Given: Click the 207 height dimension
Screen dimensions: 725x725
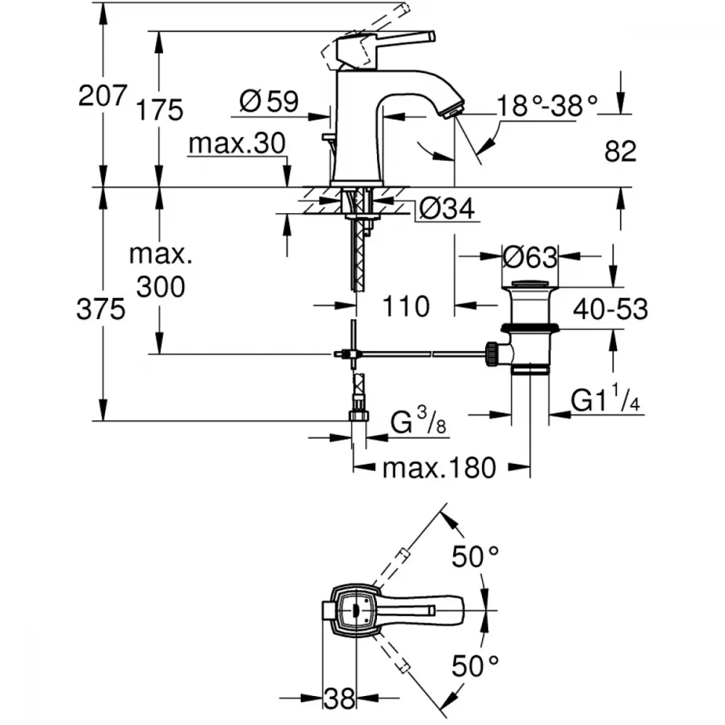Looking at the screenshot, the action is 102,96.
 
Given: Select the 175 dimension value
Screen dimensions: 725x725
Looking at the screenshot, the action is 159,110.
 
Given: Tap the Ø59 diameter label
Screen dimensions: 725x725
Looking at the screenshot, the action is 269,101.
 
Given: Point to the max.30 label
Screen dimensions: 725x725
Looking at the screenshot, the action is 237,144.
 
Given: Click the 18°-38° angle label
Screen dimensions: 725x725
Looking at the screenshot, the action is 547,106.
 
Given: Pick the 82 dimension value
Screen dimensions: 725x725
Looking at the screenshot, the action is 621,151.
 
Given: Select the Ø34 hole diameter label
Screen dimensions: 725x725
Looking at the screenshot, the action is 447,209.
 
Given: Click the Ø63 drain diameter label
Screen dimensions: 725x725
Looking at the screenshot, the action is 530,257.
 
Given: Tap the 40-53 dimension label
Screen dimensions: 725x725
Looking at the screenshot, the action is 610,309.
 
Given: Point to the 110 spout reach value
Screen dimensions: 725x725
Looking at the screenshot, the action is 406,306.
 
